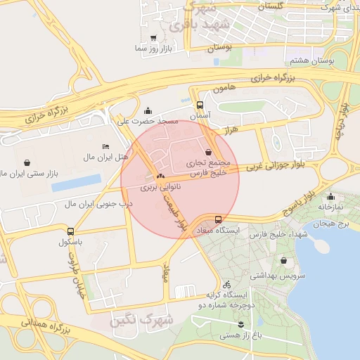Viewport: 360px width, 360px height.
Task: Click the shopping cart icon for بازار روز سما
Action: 153,38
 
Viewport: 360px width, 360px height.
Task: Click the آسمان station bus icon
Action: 200,105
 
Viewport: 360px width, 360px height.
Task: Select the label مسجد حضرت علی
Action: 148,122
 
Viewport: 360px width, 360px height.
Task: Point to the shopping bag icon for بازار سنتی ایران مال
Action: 27,162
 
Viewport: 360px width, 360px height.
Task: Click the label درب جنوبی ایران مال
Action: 98,204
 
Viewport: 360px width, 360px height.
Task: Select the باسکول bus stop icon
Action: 70,231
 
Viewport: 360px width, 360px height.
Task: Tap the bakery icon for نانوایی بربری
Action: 161,176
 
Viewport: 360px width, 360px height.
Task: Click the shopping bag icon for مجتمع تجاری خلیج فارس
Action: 208,152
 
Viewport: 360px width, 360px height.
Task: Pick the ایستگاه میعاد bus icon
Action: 218,219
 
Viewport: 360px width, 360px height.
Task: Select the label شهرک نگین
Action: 136,321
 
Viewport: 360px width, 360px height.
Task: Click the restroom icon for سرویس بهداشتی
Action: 283,260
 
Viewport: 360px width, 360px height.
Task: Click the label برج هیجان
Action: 333,222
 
